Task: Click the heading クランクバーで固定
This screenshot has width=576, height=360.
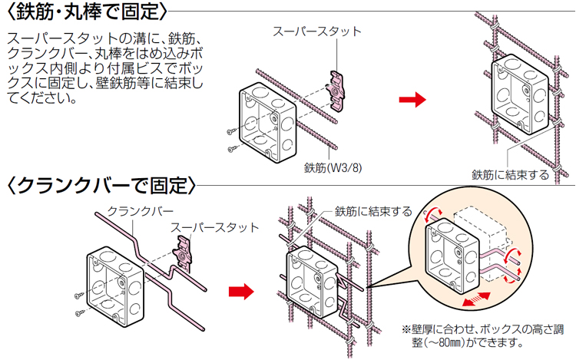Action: [101, 185]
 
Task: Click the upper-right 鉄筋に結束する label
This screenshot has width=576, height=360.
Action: [510, 174]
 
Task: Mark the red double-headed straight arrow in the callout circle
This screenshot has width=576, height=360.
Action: [476, 295]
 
